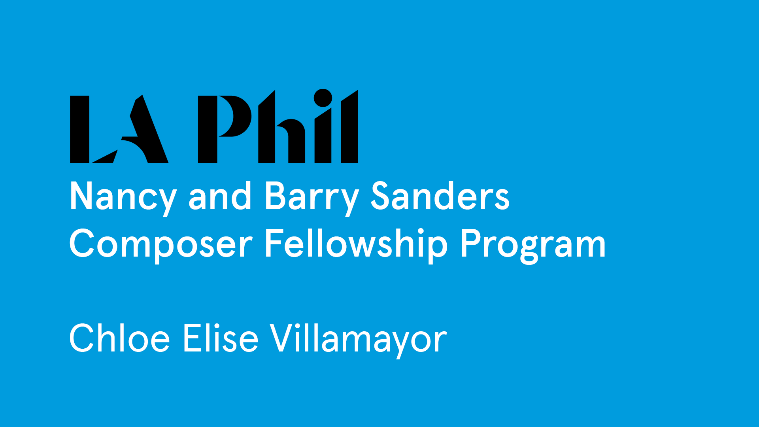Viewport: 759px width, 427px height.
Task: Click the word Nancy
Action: (x=123, y=198)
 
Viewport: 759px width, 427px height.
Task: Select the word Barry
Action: (x=312, y=198)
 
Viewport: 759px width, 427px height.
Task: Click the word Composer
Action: (x=161, y=245)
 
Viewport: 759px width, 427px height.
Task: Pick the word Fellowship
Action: (x=356, y=245)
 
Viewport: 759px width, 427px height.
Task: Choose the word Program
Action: (x=533, y=245)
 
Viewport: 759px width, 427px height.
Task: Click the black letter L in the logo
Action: (x=94, y=129)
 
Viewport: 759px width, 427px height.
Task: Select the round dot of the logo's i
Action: (x=323, y=98)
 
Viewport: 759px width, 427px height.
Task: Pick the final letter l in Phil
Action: (x=349, y=127)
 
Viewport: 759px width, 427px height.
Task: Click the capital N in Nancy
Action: (x=81, y=196)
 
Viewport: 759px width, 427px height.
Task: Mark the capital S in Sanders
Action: (x=380, y=196)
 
